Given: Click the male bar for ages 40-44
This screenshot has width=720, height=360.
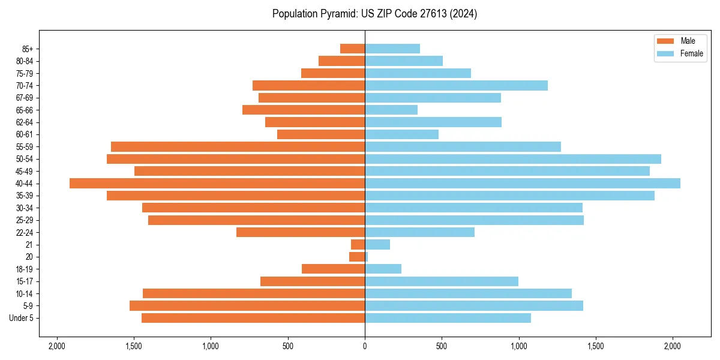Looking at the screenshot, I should [x=217, y=184].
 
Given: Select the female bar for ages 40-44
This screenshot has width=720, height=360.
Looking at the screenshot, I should [x=523, y=184].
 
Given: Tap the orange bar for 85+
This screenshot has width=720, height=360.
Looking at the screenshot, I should [x=353, y=49].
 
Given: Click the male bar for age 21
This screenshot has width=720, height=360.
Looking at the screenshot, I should [x=358, y=245].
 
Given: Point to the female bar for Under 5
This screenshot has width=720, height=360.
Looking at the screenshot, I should [x=448, y=318].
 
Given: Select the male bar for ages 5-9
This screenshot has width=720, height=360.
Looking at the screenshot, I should [x=247, y=306].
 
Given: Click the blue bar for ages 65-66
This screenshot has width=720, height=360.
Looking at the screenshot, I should [x=391, y=110].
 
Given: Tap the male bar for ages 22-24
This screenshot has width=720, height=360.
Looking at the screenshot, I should [x=301, y=232].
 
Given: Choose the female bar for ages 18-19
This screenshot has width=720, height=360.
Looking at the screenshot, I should [x=383, y=269].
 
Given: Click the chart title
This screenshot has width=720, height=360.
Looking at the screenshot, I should [x=374, y=14].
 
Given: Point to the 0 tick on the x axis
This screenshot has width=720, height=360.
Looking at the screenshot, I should [x=365, y=346].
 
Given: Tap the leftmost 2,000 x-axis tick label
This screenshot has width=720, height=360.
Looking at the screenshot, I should [x=57, y=346].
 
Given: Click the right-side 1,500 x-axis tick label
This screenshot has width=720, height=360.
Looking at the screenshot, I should [x=596, y=346].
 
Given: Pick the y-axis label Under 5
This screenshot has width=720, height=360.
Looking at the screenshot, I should [x=22, y=318].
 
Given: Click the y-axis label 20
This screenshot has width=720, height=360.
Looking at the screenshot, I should [x=29, y=257].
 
